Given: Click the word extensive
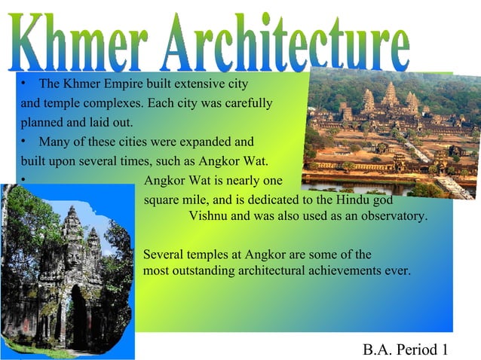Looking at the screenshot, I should click(199, 82).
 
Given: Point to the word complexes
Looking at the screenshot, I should click(92, 102).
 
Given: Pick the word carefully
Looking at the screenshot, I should click(247, 102).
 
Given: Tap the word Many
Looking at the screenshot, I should click(54, 142).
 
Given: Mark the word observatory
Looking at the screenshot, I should click(393, 216).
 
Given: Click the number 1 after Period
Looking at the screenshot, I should click(445, 349).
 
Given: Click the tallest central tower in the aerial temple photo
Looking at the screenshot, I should click(390, 95).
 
